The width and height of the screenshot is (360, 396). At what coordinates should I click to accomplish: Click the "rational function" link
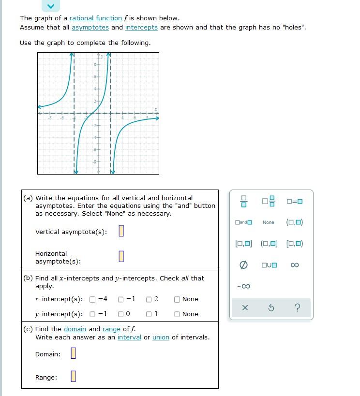tap(95, 18)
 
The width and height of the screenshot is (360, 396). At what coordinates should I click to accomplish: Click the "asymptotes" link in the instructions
tap(90, 27)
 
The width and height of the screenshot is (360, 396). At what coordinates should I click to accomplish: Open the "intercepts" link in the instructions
tap(141, 27)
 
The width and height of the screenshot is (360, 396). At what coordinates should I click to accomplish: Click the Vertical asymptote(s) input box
tap(121, 232)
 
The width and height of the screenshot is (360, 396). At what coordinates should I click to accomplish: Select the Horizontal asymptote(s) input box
tap(121, 256)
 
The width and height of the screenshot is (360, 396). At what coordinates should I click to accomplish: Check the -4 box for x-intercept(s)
tap(92, 299)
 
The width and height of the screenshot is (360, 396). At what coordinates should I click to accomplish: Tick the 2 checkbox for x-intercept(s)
tap(149, 299)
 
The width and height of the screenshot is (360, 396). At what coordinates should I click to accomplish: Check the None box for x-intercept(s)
tap(178, 299)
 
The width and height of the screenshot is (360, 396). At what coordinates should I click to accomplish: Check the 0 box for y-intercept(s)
tap(121, 314)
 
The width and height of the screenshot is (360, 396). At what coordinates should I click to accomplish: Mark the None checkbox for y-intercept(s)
tap(178, 314)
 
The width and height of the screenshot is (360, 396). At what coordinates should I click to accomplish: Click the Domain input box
tap(73, 354)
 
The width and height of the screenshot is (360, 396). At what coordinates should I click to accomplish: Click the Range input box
tap(73, 376)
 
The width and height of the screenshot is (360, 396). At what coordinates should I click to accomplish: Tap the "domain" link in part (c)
tap(75, 329)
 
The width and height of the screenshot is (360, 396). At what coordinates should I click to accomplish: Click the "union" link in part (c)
tap(161, 337)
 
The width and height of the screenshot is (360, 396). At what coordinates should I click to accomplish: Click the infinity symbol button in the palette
tap(295, 265)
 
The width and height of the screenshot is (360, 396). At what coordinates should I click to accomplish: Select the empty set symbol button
tap(244, 265)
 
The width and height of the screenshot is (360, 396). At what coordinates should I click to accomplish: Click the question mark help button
tap(297, 308)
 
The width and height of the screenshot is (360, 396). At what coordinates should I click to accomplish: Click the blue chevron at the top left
tap(50, 6)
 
